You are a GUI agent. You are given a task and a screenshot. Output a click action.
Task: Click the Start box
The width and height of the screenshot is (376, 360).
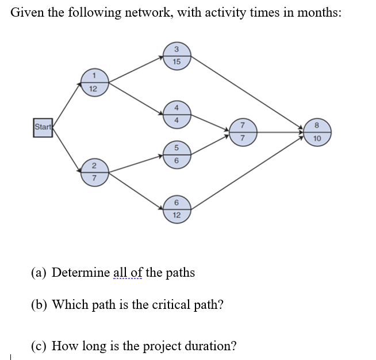pyautogui.click(x=42, y=126)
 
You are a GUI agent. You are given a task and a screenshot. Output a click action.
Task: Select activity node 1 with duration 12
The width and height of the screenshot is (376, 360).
pyautogui.click(x=93, y=82)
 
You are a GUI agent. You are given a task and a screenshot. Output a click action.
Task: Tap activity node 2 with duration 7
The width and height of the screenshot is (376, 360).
pyautogui.click(x=93, y=173)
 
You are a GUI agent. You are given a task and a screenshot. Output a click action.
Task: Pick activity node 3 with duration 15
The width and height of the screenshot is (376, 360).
pyautogui.click(x=177, y=55)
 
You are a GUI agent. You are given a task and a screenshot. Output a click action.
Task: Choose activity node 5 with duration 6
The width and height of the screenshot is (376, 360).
pyautogui.click(x=177, y=154)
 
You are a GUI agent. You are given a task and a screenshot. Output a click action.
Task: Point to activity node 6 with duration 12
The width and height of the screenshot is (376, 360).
pyautogui.click(x=177, y=208)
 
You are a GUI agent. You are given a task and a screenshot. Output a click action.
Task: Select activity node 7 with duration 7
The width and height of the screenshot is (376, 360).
pyautogui.click(x=242, y=132)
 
